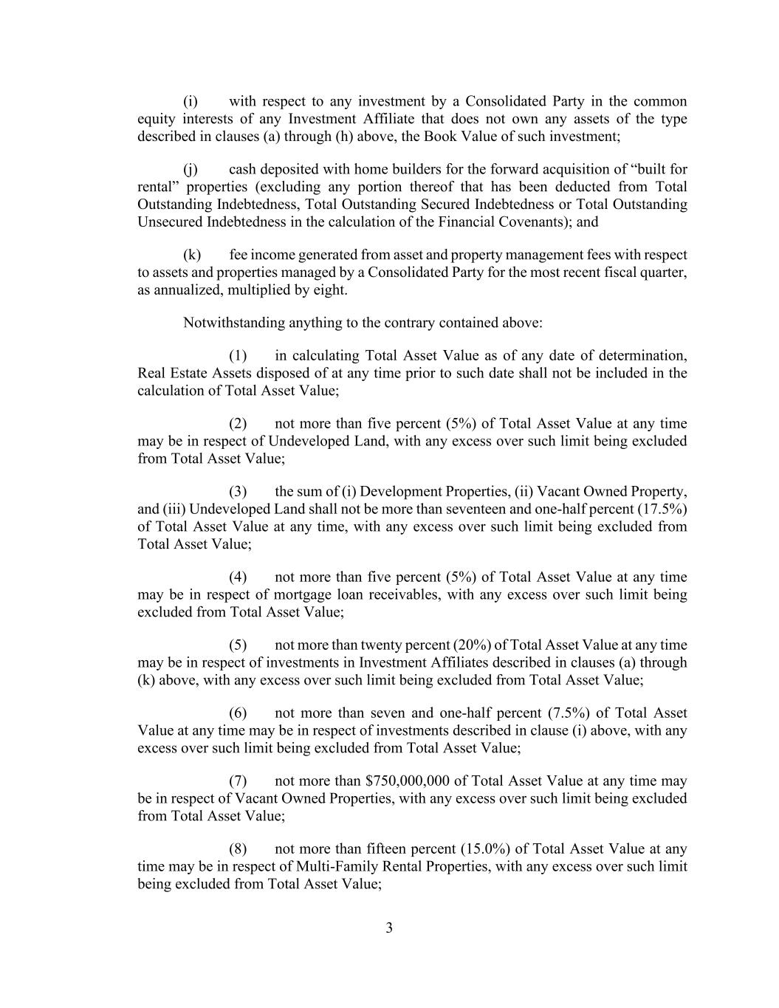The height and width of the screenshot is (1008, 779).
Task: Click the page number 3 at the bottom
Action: click(x=389, y=928)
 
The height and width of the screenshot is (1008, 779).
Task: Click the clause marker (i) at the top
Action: click(x=191, y=101)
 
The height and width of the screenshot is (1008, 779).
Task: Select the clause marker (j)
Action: click(x=191, y=169)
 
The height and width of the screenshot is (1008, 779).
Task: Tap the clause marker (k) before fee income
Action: click(x=192, y=255)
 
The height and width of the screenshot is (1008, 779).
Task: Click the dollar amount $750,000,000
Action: click(x=408, y=781)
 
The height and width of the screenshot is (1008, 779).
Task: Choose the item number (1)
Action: click(x=238, y=355)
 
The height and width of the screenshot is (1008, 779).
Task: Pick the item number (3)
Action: click(x=238, y=491)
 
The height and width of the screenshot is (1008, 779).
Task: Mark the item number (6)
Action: click(x=238, y=713)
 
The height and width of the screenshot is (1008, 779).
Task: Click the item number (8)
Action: click(x=238, y=848)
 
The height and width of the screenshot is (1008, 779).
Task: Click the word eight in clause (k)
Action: click(x=329, y=290)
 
